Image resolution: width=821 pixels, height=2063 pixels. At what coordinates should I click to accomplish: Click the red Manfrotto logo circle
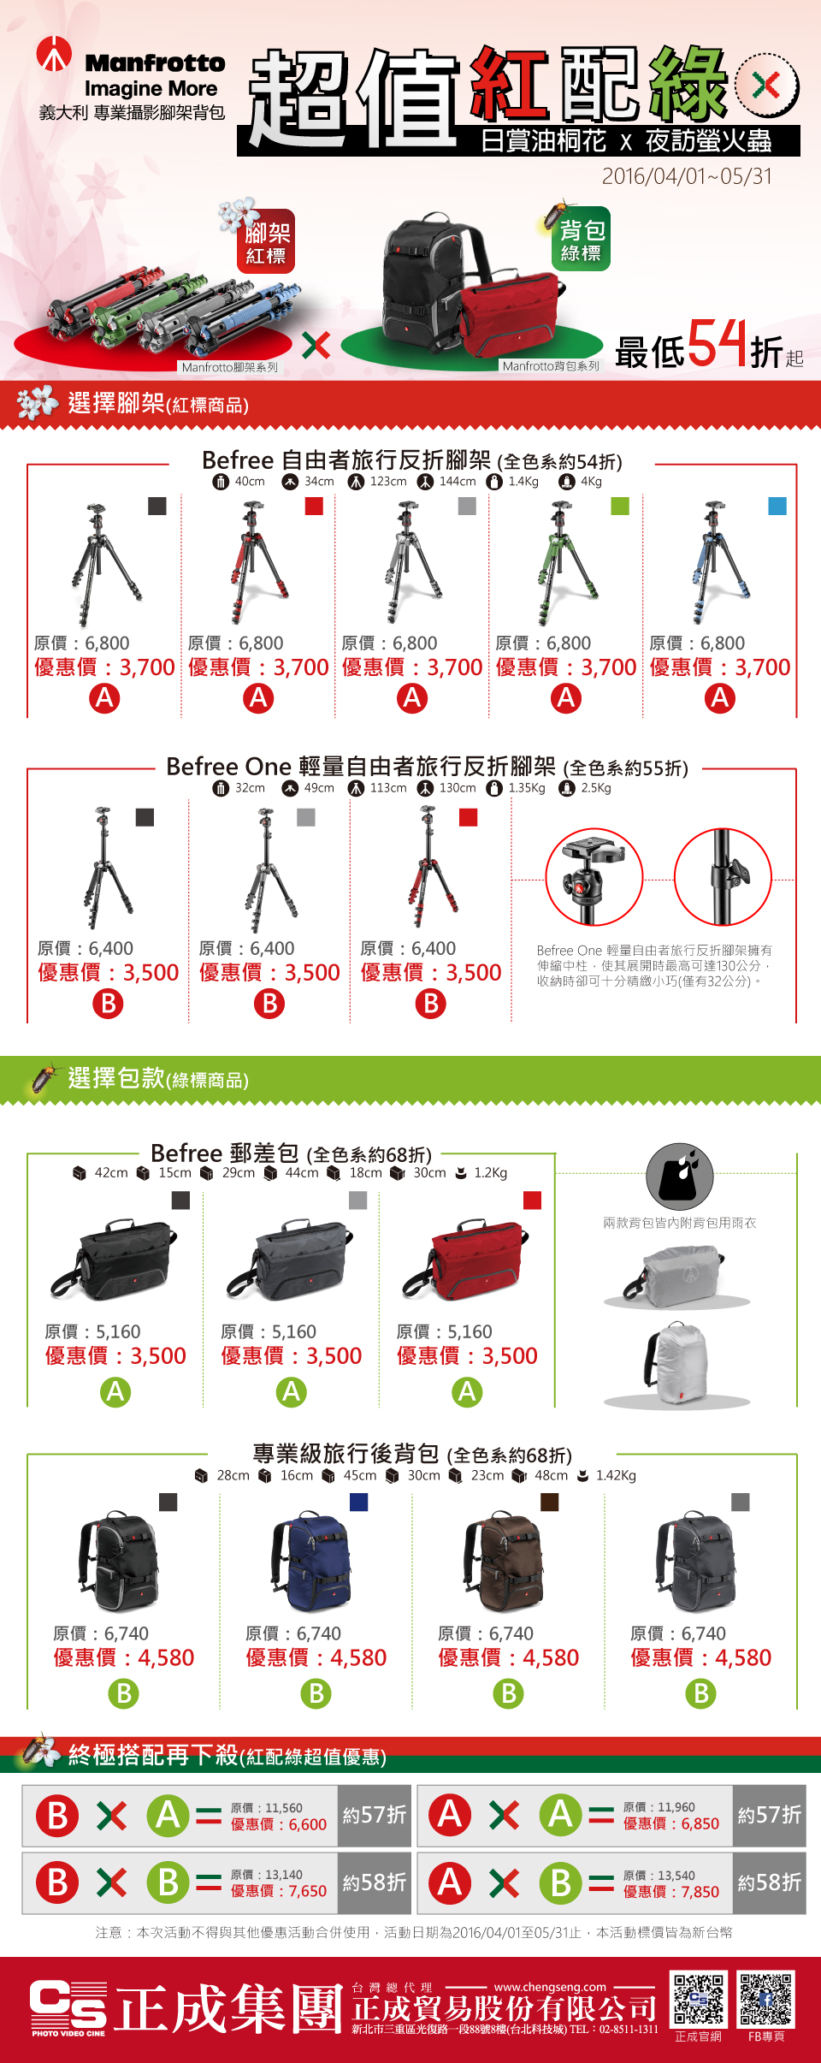(x=54, y=54)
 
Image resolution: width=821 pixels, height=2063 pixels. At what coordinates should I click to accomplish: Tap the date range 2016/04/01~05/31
(x=687, y=176)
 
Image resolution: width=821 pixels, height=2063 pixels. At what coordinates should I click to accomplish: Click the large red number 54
(x=717, y=343)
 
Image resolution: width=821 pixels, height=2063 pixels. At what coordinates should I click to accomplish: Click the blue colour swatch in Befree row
(x=777, y=506)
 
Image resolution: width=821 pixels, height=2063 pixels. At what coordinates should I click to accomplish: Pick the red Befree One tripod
(x=431, y=867)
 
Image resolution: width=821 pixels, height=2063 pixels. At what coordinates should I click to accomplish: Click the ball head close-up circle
(x=594, y=876)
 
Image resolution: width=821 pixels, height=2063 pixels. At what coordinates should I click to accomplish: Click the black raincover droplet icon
(x=679, y=1176)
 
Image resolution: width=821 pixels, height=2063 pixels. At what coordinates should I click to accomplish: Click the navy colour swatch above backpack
(x=359, y=1502)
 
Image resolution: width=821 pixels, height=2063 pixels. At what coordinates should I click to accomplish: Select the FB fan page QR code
(x=766, y=2000)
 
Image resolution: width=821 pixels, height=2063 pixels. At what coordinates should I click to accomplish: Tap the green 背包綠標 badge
(x=582, y=239)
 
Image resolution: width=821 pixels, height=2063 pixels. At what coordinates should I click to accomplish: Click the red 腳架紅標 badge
(x=266, y=241)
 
